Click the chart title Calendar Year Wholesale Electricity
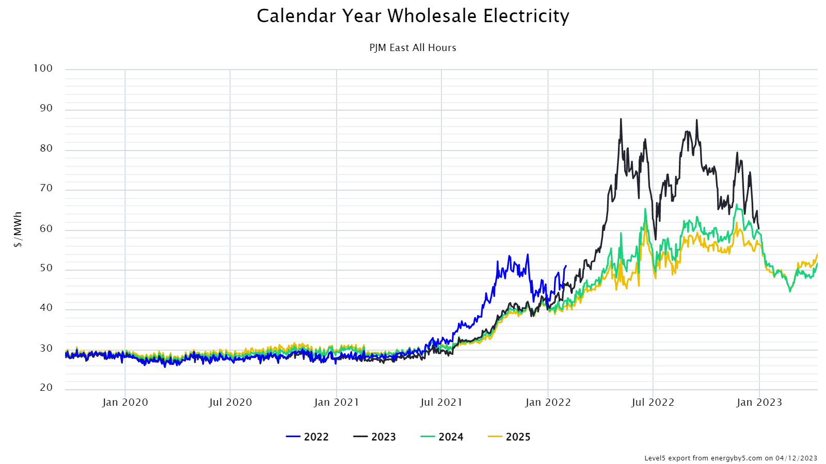[413, 16]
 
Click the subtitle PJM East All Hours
[412, 47]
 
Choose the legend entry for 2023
[375, 437]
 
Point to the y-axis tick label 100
[43, 68]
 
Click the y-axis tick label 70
[46, 188]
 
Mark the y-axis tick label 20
[46, 387]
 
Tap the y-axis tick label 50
[46, 268]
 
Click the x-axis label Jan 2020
[125, 402]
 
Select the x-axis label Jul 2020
[230, 402]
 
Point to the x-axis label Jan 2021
[337, 402]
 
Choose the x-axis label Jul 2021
[441, 402]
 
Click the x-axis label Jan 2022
[548, 402]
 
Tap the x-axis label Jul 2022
[653, 402]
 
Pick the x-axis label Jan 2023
[759, 402]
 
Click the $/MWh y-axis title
[18, 229]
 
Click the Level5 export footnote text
[730, 458]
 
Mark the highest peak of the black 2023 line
[621, 119]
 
